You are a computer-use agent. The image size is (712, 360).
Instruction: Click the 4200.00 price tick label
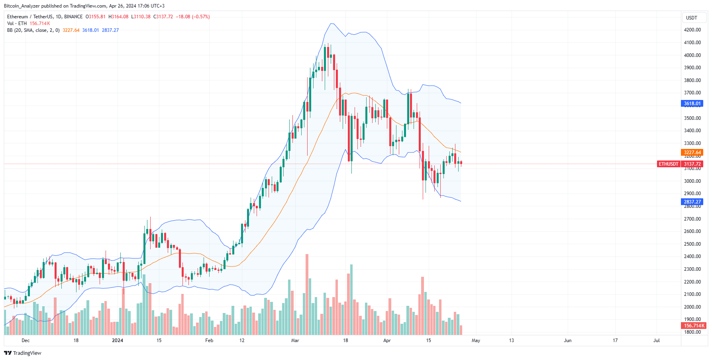click(692, 30)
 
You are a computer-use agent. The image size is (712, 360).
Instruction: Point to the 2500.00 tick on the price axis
click(692, 244)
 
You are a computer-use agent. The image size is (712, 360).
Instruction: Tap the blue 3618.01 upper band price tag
click(692, 104)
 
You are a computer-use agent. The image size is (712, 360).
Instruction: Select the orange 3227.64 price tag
click(692, 153)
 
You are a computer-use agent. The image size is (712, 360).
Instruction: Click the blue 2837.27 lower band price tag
click(692, 202)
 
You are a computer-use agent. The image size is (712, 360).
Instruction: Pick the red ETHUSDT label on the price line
click(668, 164)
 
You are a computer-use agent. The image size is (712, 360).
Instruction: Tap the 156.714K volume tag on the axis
click(694, 326)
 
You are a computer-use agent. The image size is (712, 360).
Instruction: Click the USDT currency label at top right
click(691, 18)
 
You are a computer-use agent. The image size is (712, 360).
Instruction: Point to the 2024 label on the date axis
click(118, 340)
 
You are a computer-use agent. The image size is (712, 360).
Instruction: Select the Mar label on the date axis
click(295, 340)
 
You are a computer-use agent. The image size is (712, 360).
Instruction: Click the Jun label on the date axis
click(567, 340)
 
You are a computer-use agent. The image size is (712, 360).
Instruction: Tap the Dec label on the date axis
click(25, 340)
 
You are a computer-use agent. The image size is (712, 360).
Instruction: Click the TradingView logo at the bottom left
click(23, 353)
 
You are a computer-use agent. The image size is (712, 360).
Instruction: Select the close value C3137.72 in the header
click(163, 17)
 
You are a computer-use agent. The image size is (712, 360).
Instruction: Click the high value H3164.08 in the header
click(119, 17)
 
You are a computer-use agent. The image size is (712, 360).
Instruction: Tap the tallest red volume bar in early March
click(307, 295)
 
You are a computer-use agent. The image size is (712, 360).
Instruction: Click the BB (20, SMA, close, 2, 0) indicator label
click(33, 30)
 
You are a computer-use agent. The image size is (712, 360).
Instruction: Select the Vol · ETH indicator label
click(17, 23)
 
